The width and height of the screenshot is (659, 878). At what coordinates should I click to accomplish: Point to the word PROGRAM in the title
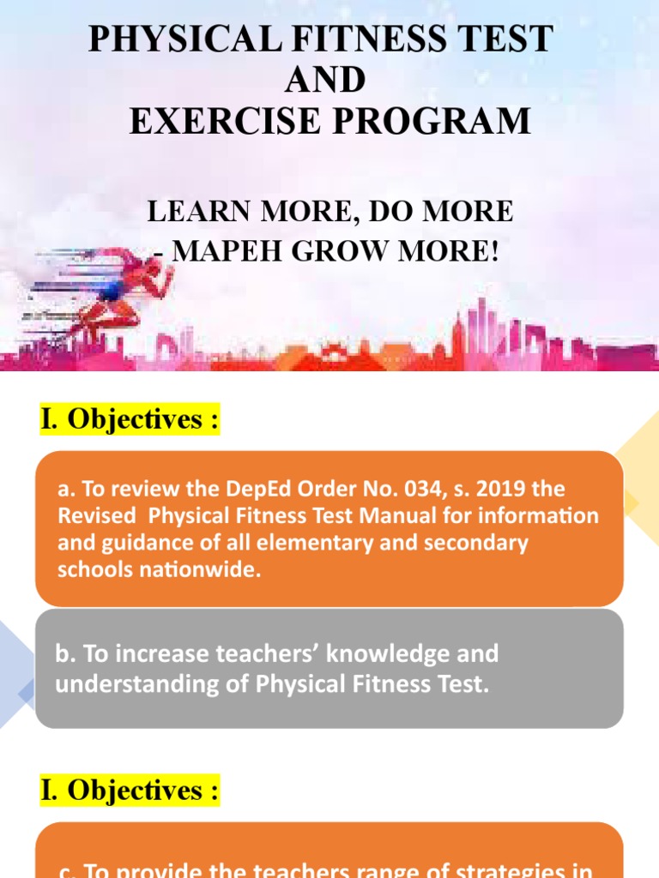point(431,121)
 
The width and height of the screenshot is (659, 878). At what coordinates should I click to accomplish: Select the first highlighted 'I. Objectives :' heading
point(129,419)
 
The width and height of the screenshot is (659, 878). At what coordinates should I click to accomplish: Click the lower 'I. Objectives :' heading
point(129,791)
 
